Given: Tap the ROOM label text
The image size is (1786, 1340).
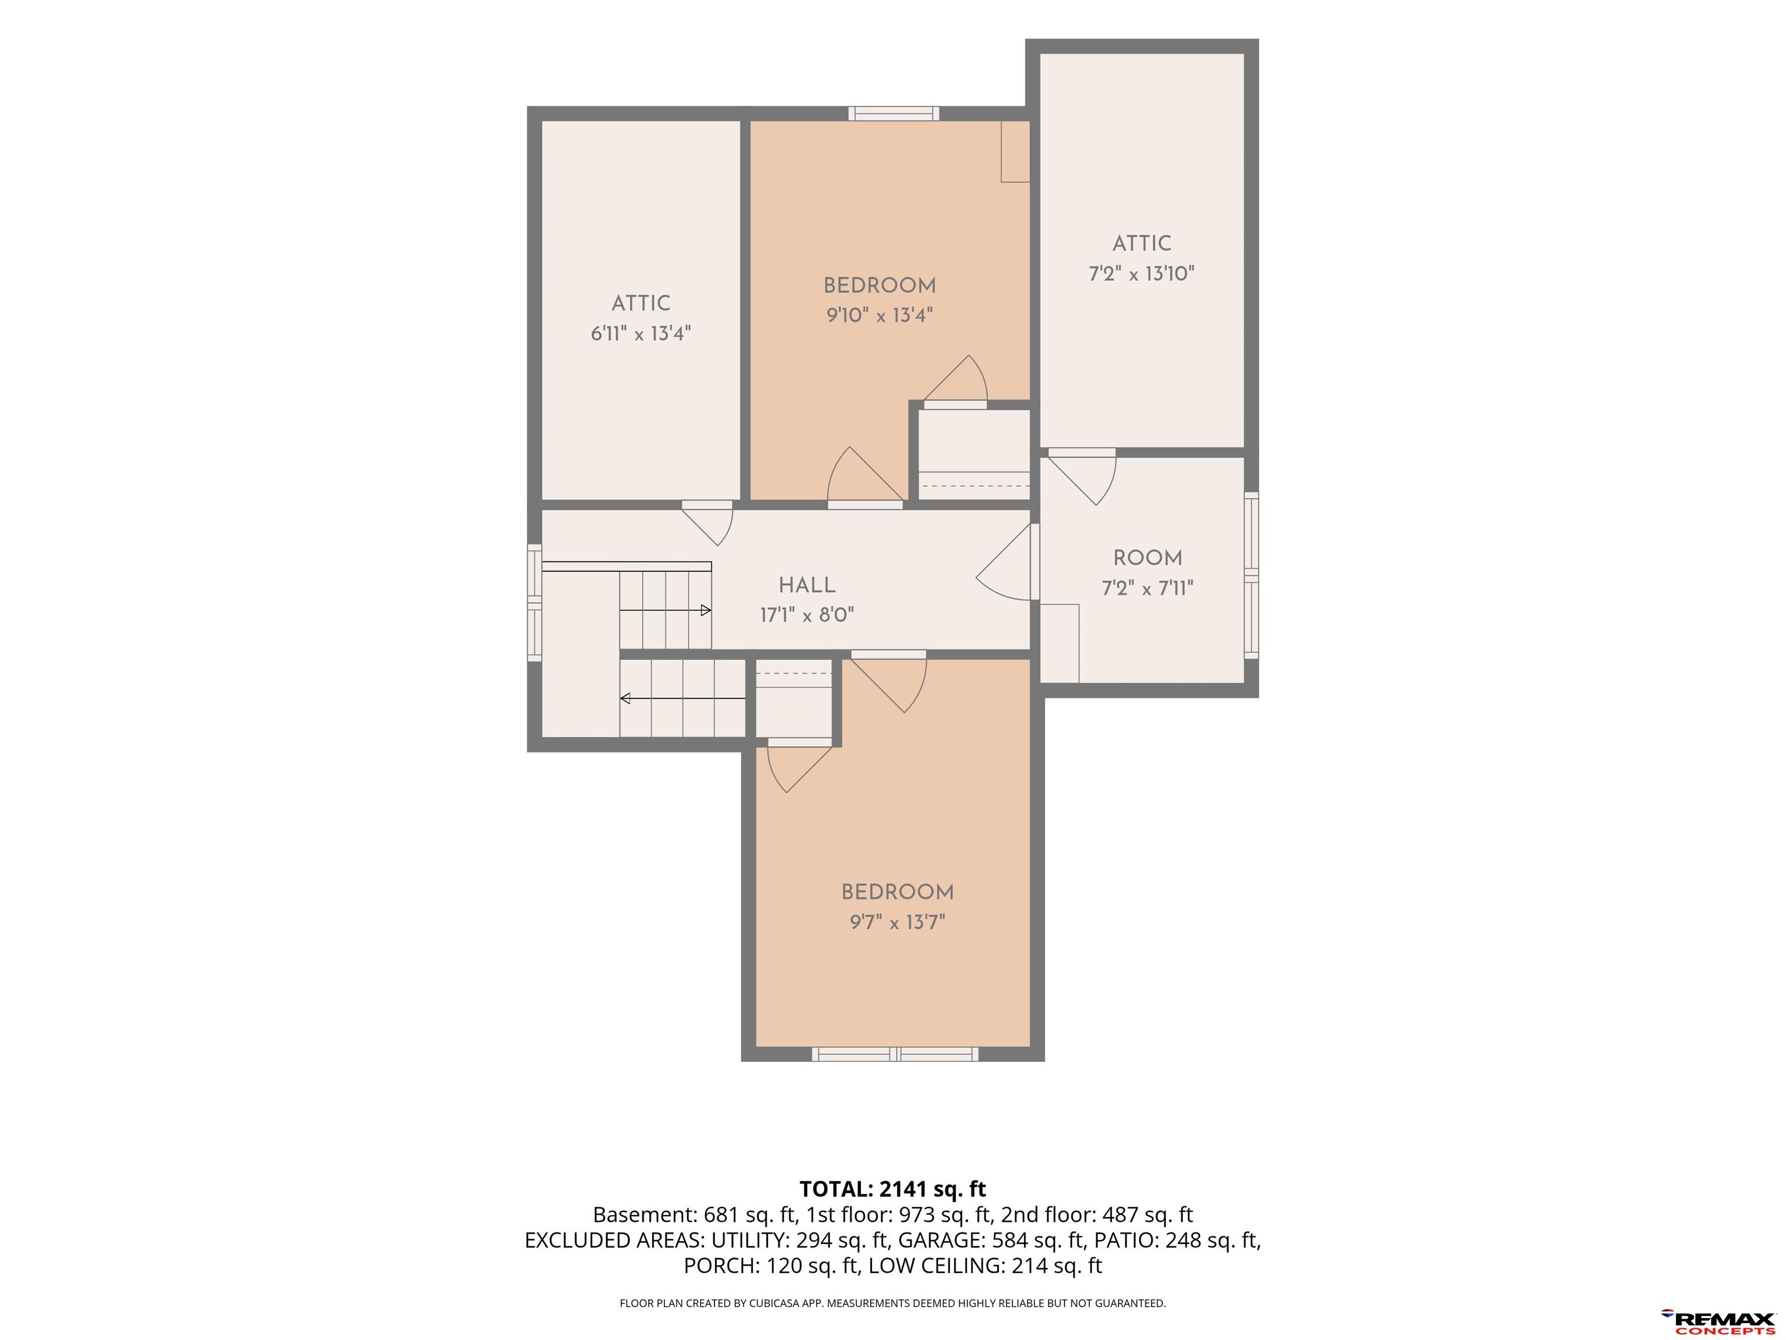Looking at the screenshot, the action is click(1147, 558).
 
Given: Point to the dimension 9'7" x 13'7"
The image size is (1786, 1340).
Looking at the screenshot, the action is click(897, 922).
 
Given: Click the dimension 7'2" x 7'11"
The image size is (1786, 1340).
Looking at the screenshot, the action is click(1147, 588).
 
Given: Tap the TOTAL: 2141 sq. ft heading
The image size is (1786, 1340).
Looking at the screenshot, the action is click(892, 1189).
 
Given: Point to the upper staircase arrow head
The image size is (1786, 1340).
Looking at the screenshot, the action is click(706, 611).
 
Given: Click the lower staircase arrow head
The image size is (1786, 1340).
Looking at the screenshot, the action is click(625, 698).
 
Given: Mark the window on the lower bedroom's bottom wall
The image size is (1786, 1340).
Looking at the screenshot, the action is click(895, 1053).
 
